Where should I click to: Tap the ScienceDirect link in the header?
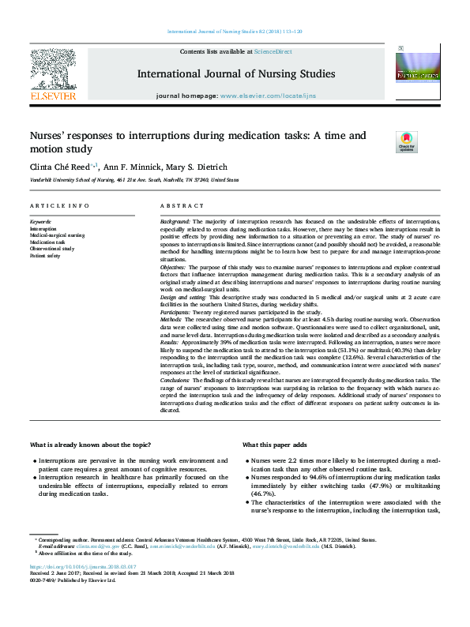coord(272,51)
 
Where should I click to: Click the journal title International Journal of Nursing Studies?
coord(235,74)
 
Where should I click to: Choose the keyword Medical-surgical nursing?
coord(57,235)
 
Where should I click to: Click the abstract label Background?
coord(176,223)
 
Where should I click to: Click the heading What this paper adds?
coord(276,445)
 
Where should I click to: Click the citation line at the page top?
coord(235,32)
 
